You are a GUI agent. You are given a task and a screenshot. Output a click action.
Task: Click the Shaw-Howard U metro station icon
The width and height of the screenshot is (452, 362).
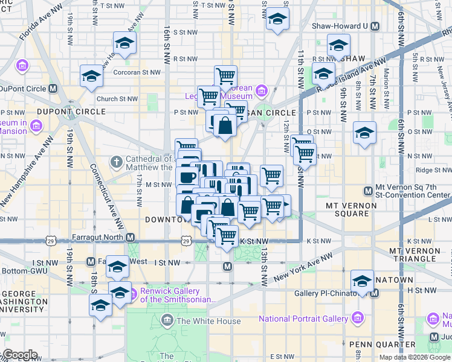tap(375, 26)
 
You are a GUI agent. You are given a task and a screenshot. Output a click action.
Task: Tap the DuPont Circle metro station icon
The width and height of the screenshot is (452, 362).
tap(53, 88)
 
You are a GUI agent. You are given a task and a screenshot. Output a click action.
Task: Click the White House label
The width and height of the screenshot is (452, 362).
tap(208, 321)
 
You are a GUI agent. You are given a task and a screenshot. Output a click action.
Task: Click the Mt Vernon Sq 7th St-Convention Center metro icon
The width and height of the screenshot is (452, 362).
tap(367, 191)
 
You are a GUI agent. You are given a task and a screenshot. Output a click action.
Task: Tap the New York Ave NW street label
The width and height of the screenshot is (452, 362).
tap(303, 267)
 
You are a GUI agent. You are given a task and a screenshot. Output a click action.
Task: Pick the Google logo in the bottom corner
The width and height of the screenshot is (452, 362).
tap(20, 355)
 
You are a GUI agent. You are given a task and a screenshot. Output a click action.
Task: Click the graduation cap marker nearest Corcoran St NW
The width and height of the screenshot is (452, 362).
tap(91, 76)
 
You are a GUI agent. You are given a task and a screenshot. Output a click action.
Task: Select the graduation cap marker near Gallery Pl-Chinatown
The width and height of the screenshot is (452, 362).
tap(363, 281)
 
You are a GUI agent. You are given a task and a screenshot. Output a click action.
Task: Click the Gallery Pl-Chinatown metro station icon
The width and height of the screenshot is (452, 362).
tap(375, 293)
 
